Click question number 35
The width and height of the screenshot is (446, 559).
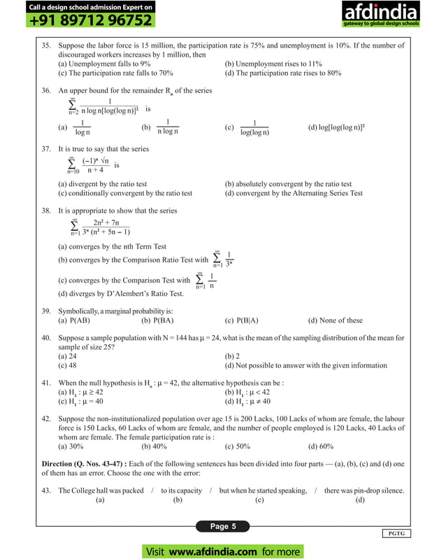tap(46, 45)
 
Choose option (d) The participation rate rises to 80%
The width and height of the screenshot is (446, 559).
tap(282, 72)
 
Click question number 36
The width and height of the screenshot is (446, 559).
tap(46, 90)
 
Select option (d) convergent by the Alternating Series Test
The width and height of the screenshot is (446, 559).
tap(294, 193)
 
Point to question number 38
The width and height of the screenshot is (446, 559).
tap(46, 210)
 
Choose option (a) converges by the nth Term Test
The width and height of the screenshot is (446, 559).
tap(112, 246)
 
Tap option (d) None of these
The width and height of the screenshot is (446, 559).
tap(335, 320)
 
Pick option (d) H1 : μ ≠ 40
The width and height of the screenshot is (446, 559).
tap(255, 401)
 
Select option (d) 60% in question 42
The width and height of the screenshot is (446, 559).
tap(321, 446)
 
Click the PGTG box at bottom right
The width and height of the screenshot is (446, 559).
tap(397, 534)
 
